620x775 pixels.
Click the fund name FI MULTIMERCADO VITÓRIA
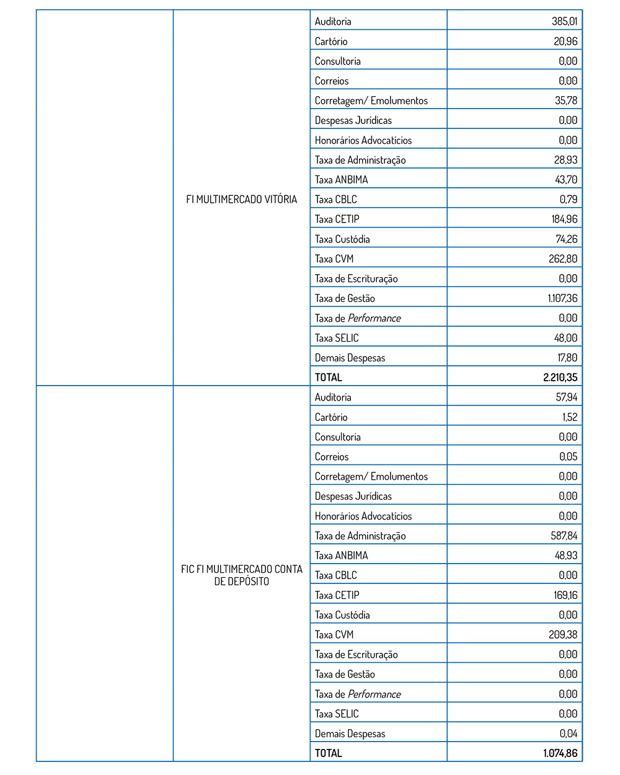coord(241,199)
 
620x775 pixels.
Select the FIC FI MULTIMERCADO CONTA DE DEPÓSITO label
coord(241,575)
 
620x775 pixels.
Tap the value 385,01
coord(564,21)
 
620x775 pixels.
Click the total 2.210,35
coord(560,377)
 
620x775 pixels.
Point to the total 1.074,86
coord(560,753)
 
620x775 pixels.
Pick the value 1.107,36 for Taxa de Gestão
coord(562,298)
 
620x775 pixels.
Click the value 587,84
coord(564,536)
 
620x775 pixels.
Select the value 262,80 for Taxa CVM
coord(563,259)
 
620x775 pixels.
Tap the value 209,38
coord(563,634)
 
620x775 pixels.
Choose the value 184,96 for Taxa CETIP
coord(564,219)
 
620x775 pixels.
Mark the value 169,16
coord(565,595)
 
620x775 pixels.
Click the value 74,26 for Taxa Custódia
coord(566,239)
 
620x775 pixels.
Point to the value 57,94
coord(567,397)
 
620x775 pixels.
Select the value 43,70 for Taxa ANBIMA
coord(566,179)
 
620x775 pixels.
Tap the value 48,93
coord(566,556)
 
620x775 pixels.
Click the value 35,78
coord(566,100)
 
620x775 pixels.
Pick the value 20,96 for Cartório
coord(565,41)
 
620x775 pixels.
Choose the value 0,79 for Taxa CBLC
coord(569,199)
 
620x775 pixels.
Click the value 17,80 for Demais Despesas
coord(567,358)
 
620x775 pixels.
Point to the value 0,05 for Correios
coord(568,456)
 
